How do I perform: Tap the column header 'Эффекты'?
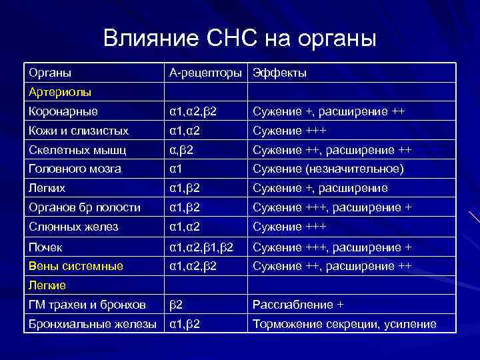279,73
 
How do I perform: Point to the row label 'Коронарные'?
63,111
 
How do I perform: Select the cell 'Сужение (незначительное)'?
327,169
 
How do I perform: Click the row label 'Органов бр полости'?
85,207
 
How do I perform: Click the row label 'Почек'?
46,247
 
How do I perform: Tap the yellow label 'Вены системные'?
75,266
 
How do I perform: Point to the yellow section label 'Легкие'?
47,285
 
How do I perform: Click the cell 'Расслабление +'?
297,305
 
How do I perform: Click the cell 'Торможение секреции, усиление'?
343,324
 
